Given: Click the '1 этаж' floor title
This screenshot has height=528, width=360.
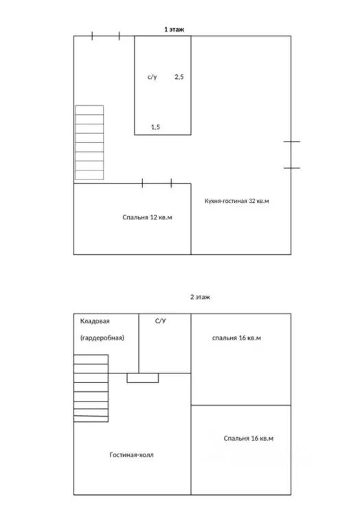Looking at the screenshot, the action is pyautogui.click(x=174, y=30).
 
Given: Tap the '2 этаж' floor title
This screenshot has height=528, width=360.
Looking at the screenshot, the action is pyautogui.click(x=200, y=297).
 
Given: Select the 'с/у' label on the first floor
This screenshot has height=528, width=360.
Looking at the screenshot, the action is pyautogui.click(x=152, y=77).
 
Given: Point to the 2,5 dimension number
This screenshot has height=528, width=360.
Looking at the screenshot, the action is pyautogui.click(x=179, y=77).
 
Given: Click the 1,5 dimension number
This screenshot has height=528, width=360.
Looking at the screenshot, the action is pyautogui.click(x=155, y=127).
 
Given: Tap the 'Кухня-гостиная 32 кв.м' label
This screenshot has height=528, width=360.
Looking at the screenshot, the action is pyautogui.click(x=237, y=201).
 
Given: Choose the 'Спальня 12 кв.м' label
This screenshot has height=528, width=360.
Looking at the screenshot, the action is pyautogui.click(x=147, y=217).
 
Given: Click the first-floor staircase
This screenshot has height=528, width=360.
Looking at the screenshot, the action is pyautogui.click(x=89, y=142).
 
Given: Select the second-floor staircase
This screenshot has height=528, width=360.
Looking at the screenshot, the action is pyautogui.click(x=91, y=388).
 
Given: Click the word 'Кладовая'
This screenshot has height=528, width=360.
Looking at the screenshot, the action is pyautogui.click(x=95, y=321).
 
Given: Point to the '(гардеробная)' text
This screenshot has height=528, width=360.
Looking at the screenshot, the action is pyautogui.click(x=102, y=338).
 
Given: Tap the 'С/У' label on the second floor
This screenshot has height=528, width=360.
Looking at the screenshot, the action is pyautogui.click(x=161, y=321).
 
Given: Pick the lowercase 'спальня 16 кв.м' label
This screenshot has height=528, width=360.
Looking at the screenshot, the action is pyautogui.click(x=236, y=338).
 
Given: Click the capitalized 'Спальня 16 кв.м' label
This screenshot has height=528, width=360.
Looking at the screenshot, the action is pyautogui.click(x=248, y=439).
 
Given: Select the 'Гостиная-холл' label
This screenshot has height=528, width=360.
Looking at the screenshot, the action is pyautogui.click(x=131, y=455).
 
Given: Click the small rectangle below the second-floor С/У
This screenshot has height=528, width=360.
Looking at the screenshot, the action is pyautogui.click(x=143, y=378).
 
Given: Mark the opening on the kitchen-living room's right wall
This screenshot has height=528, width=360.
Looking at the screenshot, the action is pyautogui.click(x=291, y=155).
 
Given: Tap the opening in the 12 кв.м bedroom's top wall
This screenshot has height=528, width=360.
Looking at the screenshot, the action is pyautogui.click(x=157, y=184).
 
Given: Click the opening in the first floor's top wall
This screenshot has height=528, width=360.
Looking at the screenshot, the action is pyautogui.click(x=106, y=36).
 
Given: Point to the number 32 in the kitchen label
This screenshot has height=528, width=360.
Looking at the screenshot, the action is pyautogui.click(x=252, y=201).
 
